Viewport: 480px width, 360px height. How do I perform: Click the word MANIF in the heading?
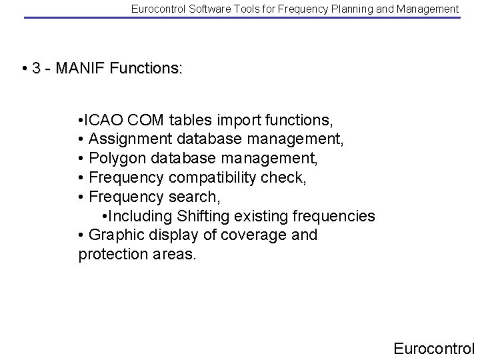pos(86,69)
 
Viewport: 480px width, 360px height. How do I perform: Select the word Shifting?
pos(203,217)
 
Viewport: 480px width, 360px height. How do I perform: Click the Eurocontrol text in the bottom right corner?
pos(433,347)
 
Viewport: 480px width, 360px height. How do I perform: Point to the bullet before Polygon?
pos(81,159)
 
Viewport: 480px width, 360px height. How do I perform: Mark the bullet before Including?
pos(106,217)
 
